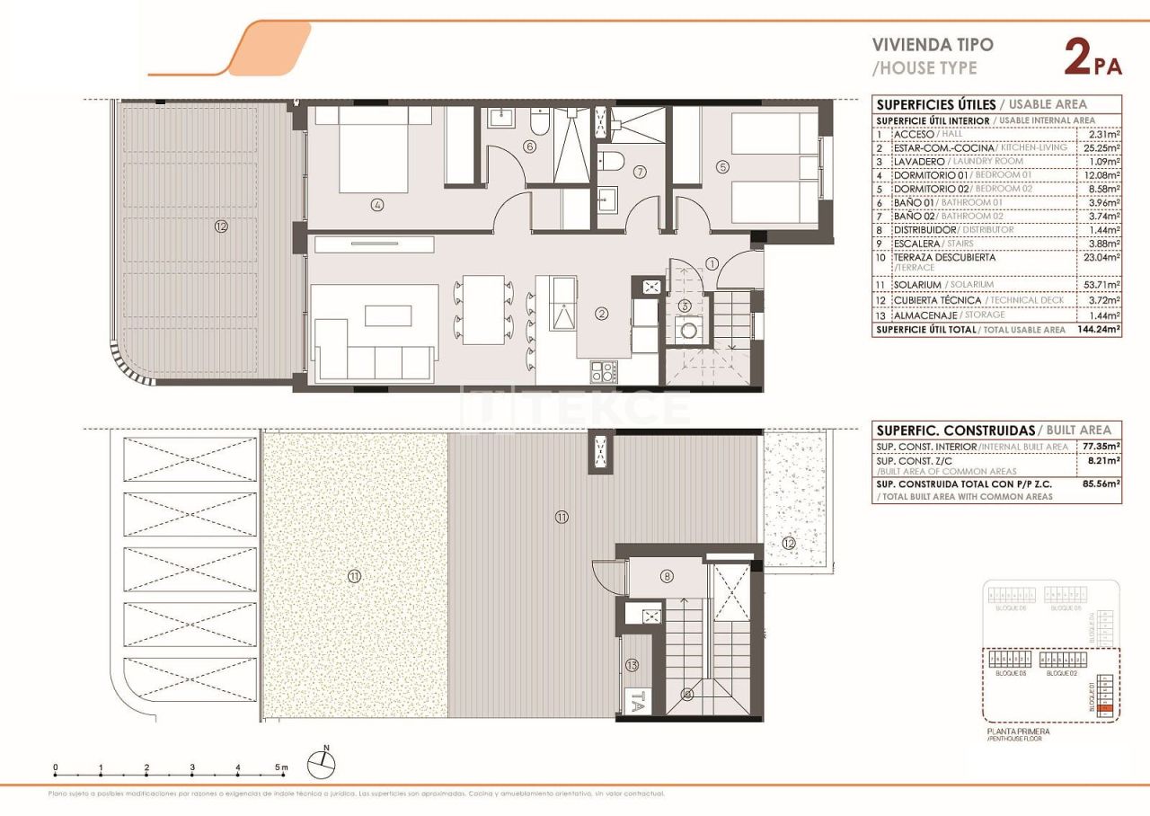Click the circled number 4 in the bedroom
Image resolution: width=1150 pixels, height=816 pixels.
click(376, 205)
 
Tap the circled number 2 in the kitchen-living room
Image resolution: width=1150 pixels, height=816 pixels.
click(602, 313)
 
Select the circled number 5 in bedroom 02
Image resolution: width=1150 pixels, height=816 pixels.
click(723, 165)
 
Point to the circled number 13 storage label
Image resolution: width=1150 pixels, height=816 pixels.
click(632, 665)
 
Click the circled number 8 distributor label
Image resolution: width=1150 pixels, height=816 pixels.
click(667, 576)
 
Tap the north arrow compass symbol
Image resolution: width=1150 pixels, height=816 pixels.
click(322, 765)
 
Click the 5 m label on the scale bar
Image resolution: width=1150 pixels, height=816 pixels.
click(280, 767)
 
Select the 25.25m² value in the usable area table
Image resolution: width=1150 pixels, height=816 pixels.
click(1099, 147)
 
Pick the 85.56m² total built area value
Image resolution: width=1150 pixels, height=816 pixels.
click(1101, 483)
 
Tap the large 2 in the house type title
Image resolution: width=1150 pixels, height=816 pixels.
click(1077, 58)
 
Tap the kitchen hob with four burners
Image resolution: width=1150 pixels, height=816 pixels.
click(602, 371)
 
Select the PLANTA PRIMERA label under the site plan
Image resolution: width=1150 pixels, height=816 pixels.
click(1018, 732)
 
